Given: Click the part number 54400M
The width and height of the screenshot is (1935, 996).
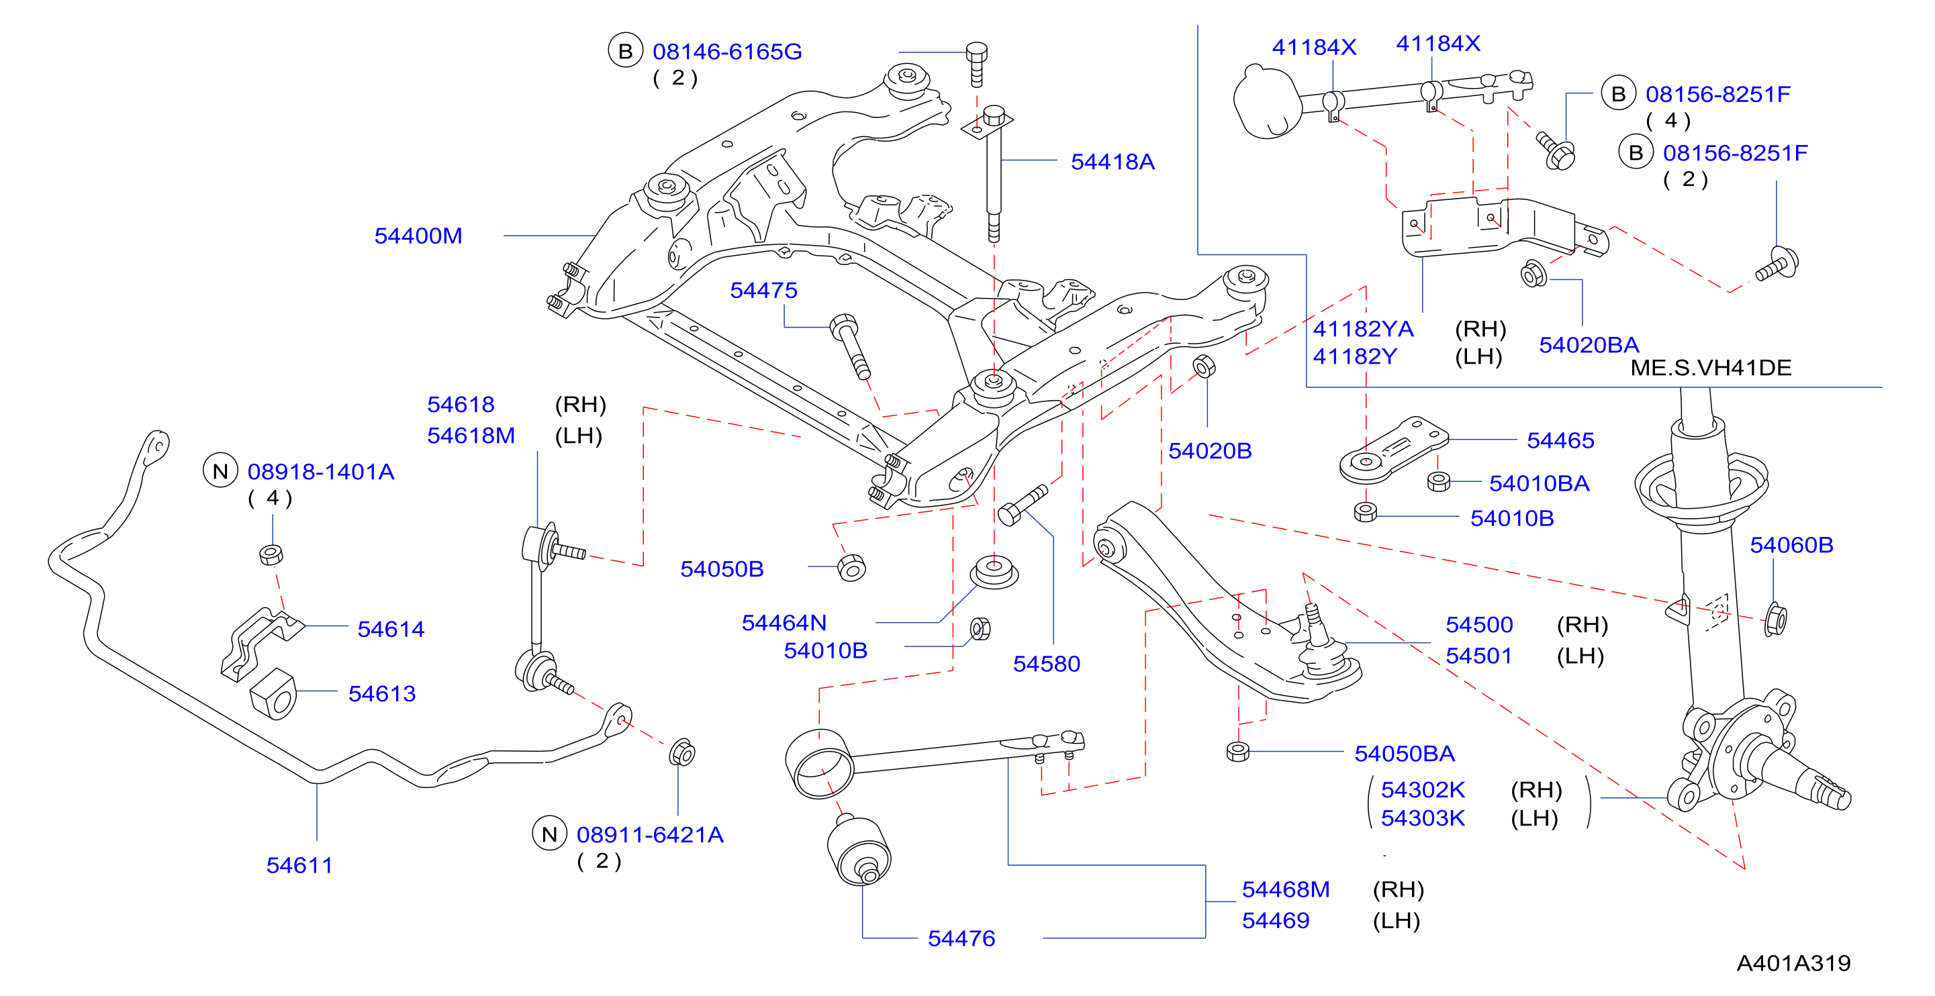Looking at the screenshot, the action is [x=418, y=236].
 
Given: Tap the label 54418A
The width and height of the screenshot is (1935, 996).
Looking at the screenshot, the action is [x=1113, y=162].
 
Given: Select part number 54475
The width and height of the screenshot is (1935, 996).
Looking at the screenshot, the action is [x=763, y=290].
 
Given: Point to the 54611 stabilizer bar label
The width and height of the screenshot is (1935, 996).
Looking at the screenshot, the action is [x=299, y=865].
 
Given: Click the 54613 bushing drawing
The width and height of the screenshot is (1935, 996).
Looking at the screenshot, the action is [x=273, y=694].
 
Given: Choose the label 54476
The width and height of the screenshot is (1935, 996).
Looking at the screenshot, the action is [x=961, y=938].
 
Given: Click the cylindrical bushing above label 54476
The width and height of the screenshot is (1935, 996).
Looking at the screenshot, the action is [x=859, y=850].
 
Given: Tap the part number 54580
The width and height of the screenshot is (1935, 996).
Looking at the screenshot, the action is [x=1046, y=664].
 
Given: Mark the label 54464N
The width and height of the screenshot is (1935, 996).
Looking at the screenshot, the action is [x=784, y=623].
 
